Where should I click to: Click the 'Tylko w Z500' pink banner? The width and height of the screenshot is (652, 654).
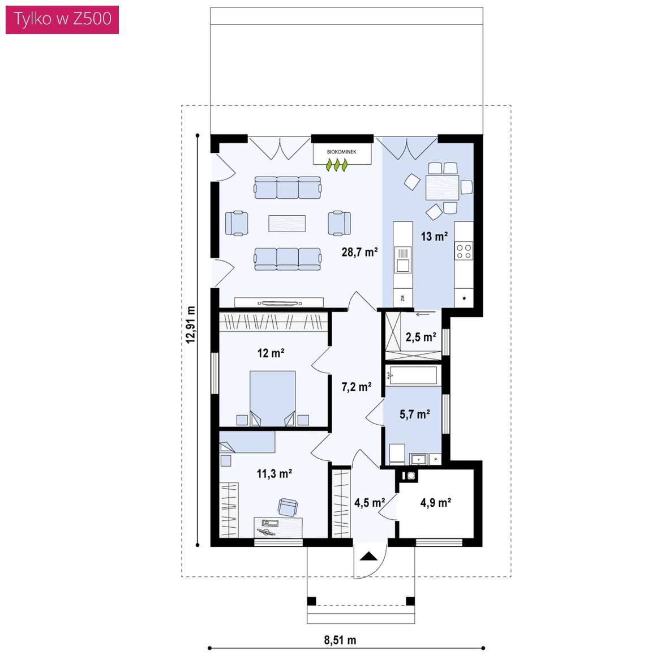coord(62,20)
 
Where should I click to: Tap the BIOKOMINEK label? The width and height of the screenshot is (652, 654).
coord(341,152)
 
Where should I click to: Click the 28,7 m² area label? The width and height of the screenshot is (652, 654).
coord(359,252)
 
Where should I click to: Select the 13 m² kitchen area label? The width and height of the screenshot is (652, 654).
coord(434,237)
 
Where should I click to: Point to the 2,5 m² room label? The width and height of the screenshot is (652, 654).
coord(421,337)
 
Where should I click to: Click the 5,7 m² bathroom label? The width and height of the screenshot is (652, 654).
coord(414,414)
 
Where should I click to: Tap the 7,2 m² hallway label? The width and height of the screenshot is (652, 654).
coord(357,387)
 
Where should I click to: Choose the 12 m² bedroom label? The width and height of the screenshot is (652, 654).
coord(271,353)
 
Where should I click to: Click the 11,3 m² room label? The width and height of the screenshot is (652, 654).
coord(274,474)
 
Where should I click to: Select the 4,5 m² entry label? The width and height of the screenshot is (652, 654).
coord(370,503)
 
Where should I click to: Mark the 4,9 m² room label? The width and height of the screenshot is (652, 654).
coord(435,503)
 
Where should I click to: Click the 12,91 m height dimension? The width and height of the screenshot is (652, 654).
coord(191,325)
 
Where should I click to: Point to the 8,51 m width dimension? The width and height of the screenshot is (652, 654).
coord(340,640)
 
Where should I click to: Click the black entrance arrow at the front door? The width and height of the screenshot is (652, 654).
coord(368,557)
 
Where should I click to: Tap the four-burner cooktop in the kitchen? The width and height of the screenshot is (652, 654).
coord(464,251)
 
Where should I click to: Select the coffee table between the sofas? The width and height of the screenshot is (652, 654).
coord(287,223)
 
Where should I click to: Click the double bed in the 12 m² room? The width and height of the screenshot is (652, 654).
coord(273,398)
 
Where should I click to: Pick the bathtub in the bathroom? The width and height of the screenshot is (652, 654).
coord(413,375)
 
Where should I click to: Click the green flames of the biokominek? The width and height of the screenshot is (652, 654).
coord(336,165)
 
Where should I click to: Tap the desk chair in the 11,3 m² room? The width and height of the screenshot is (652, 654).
coord(288,507)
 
